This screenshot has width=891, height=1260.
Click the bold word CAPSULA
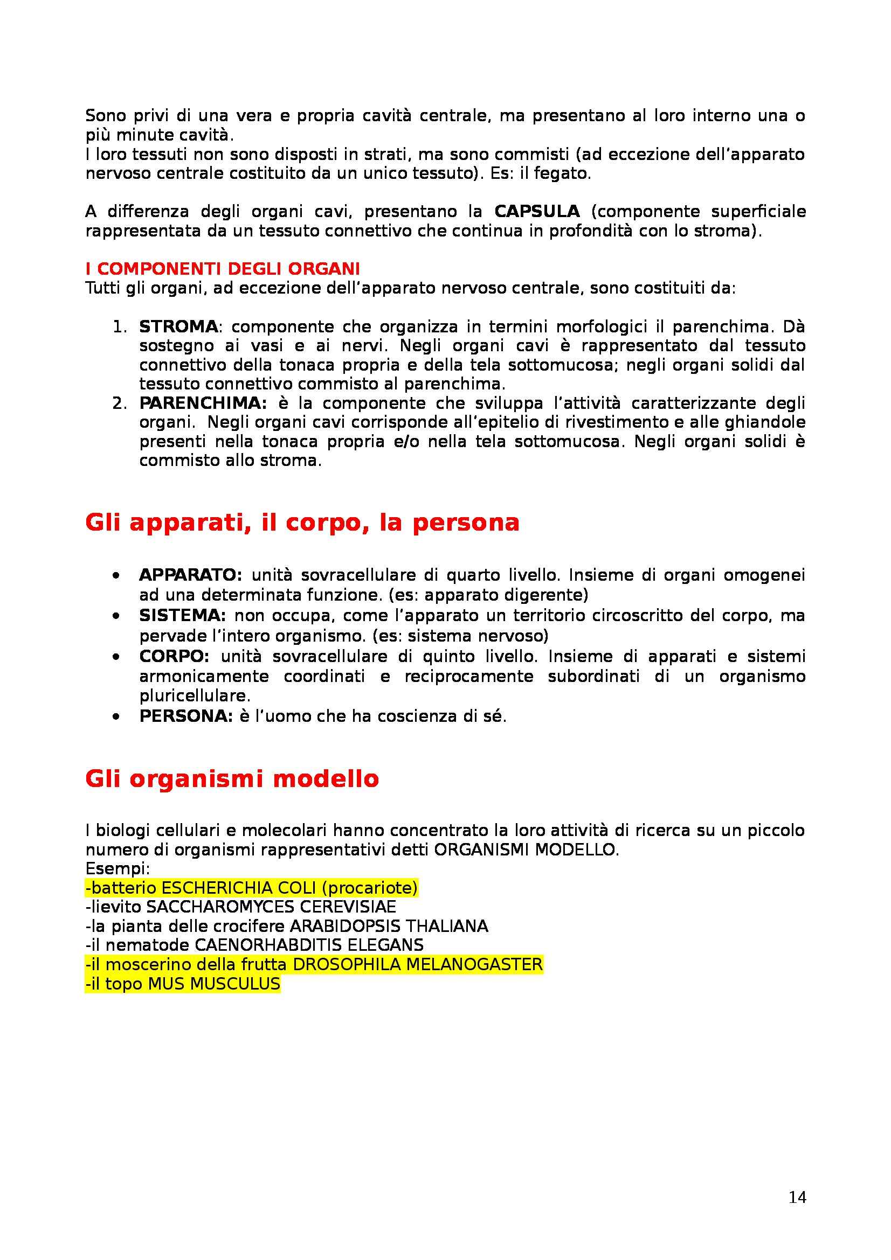pos(536,211)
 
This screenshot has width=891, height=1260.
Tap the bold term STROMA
pos(178,326)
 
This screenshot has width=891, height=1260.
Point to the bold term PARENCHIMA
pos(203,403)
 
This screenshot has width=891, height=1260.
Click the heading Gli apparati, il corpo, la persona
pos(302,522)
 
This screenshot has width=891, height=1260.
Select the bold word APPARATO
pos(190,575)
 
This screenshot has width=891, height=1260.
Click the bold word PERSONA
pos(186,716)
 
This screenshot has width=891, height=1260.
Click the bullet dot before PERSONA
pos(115,716)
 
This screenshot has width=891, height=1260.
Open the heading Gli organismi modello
pos(232,779)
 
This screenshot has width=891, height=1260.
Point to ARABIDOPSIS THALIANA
pos(389,926)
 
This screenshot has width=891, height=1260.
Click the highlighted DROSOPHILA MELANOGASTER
pos(417,964)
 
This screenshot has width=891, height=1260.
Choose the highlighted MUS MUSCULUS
pos(214,984)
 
